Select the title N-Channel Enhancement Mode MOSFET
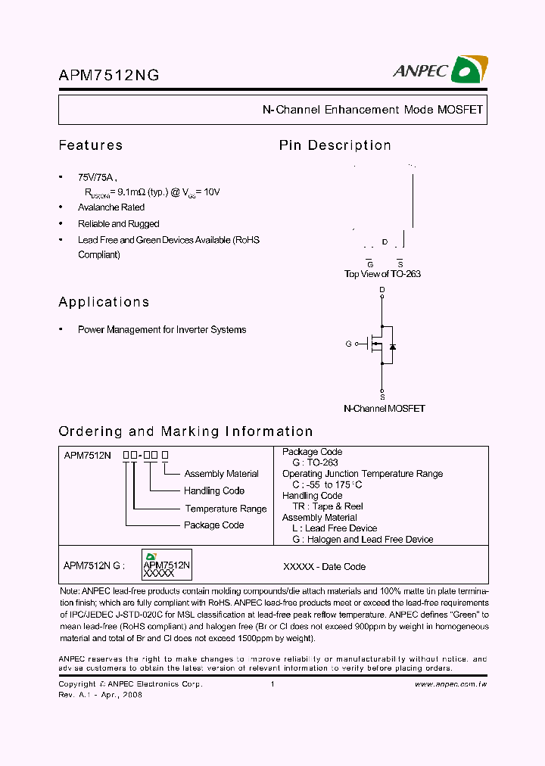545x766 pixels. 372,110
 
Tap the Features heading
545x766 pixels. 90,145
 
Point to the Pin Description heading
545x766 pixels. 335,145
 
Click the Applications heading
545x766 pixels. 104,302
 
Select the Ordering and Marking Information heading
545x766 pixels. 185,431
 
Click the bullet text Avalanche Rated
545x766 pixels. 111,207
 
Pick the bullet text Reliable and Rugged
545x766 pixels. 119,224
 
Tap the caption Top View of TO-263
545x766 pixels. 382,274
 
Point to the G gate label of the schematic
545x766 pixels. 349,344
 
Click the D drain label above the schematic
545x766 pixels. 382,290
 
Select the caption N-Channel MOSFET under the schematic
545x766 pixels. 384,409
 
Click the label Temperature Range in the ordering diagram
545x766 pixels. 226,509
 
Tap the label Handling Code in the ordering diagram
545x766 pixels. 214,491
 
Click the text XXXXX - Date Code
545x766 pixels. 324,566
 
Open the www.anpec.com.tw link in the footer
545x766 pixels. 450,684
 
